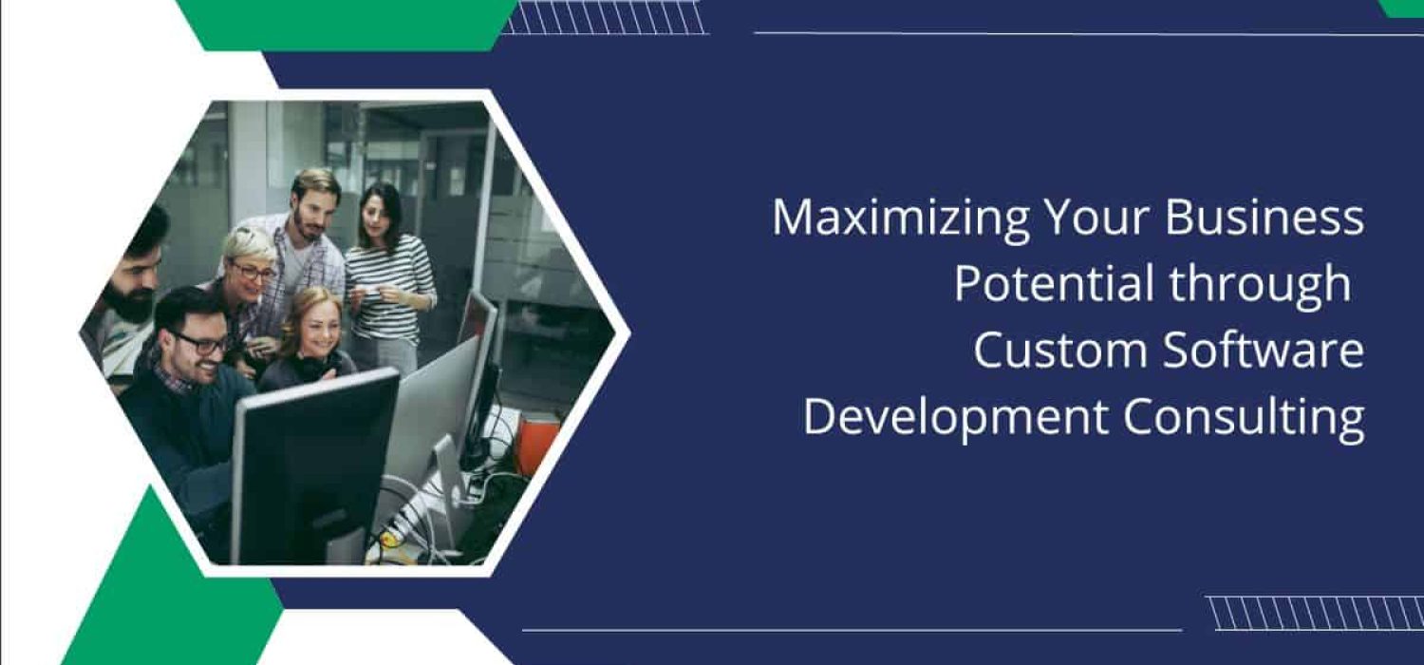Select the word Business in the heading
(1265, 218)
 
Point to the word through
(1261, 285)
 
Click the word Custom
(1059, 351)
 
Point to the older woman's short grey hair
(249, 245)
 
